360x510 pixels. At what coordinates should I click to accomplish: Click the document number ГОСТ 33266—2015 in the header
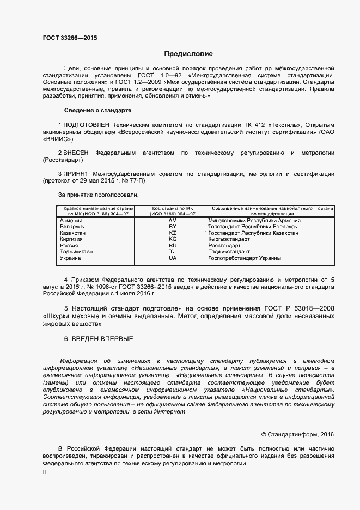pos(70,38)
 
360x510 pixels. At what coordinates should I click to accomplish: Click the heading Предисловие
pos(188,54)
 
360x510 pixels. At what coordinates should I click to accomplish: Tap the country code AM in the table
pos(173,220)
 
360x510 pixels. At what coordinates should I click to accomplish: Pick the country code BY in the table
pos(173,226)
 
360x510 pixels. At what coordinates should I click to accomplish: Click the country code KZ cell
pos(173,233)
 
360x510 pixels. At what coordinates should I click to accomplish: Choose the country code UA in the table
pos(173,258)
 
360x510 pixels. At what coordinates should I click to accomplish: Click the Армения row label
pos(70,220)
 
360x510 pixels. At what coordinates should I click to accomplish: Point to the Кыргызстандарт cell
pos(229,239)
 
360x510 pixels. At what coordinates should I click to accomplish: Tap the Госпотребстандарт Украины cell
pos(245,258)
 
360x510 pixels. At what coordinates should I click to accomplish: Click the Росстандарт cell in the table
pos(224,246)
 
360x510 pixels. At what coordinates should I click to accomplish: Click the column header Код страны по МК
pos(173,209)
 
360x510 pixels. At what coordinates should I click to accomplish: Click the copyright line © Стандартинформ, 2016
pos(297,434)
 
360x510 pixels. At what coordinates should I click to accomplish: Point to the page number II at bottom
pos(44,473)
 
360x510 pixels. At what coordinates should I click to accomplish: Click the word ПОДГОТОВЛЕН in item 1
pos(87,124)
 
